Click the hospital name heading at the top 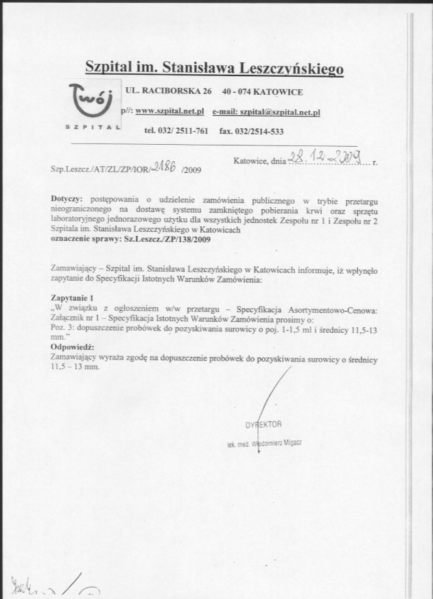point(214,68)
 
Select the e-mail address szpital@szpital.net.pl point(266,111)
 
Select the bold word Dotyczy point(67,199)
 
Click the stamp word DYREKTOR point(264,424)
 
